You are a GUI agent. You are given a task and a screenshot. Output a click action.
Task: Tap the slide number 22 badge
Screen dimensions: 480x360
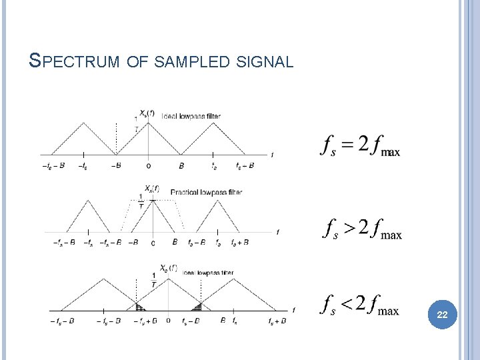click(441, 314)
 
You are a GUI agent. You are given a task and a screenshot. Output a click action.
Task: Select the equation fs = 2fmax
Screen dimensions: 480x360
click(361, 146)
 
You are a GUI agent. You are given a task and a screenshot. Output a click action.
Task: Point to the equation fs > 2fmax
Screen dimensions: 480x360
click(363, 229)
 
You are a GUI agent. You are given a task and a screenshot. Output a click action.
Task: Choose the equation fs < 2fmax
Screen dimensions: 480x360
click(361, 306)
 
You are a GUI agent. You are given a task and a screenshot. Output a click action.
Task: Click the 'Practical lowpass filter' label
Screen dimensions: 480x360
click(206, 192)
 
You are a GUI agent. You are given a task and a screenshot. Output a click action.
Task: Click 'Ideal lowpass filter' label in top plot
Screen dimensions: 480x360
click(191, 115)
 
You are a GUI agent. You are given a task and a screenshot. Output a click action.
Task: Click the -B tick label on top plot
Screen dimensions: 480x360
click(115, 165)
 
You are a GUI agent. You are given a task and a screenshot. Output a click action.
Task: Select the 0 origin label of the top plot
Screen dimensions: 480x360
click(148, 165)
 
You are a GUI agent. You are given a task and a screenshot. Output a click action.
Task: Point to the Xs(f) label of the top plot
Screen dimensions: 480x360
click(147, 112)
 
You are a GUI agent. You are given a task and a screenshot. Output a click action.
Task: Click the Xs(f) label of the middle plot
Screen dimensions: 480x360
click(152, 189)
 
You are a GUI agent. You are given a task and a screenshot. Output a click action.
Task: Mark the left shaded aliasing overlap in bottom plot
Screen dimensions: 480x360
click(141, 307)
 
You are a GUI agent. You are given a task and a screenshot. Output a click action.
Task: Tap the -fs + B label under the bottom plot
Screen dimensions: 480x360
click(144, 321)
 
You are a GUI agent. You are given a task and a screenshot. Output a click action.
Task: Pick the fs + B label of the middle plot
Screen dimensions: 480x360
click(240, 243)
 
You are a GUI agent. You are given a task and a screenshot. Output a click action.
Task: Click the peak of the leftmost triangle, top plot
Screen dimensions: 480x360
click(82, 123)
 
